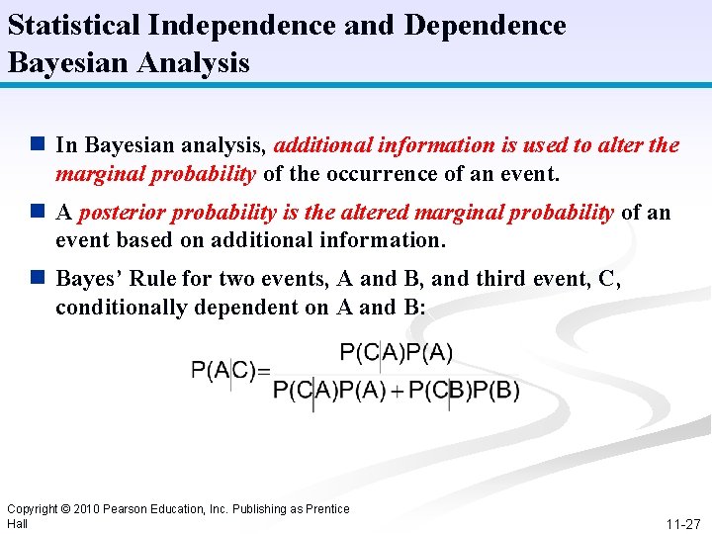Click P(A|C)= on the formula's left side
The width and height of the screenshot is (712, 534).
coord(230,371)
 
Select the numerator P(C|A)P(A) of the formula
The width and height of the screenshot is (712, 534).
coord(396,352)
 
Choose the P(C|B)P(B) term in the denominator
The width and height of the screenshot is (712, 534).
coord(464,390)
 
